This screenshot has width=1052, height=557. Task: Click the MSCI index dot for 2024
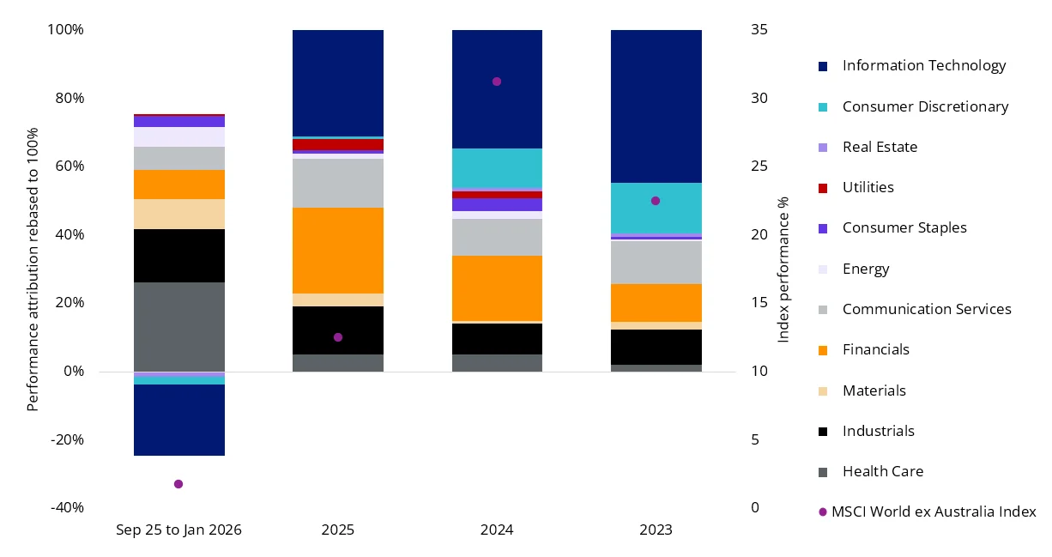point(496,82)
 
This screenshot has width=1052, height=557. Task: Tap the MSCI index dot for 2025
point(338,337)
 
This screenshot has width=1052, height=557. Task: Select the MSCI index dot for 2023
point(656,201)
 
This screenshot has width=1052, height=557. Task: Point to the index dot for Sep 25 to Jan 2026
point(178,484)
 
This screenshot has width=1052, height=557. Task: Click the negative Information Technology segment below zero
point(179,420)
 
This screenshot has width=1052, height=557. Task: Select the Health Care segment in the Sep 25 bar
point(179,326)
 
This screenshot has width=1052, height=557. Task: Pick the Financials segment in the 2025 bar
point(338,251)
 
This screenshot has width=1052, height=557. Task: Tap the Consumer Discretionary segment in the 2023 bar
point(656,208)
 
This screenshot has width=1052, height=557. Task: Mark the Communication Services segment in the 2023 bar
point(656,262)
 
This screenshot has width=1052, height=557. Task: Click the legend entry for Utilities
point(868,187)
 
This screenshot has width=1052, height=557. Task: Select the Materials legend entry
point(874,391)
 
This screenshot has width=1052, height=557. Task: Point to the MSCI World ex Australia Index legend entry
point(933,512)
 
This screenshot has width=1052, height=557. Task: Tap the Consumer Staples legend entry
point(904,227)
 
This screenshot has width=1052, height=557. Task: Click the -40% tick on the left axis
point(67,507)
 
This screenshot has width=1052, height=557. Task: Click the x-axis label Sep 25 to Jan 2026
point(178,530)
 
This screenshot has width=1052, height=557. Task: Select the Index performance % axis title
point(783,269)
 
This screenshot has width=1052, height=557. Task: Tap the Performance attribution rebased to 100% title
point(33,269)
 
